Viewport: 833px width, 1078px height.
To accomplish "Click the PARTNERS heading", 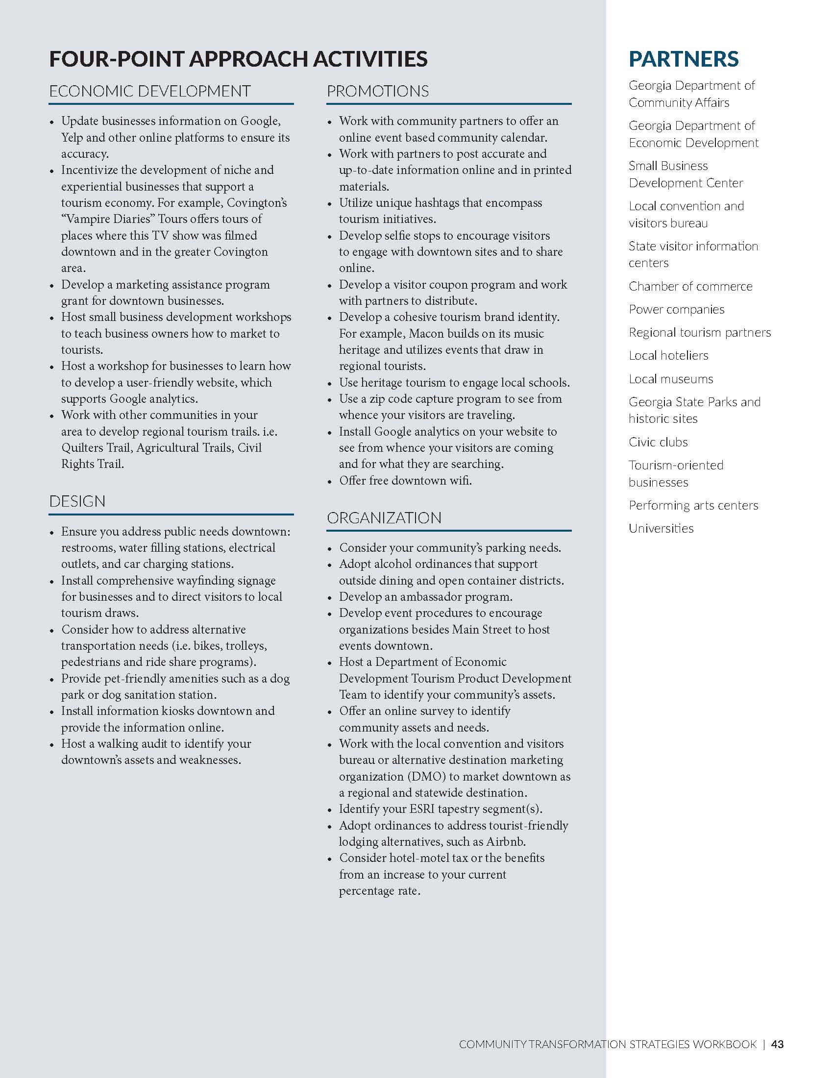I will tap(684, 59).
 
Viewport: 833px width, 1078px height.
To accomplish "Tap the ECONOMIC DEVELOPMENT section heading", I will tap(150, 91).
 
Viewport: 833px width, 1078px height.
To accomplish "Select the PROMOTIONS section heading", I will tap(377, 91).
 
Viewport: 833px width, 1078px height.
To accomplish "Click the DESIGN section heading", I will tap(77, 501).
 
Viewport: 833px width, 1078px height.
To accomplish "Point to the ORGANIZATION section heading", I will tap(384, 518).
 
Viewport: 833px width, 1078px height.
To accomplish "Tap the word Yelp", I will tap(72, 138).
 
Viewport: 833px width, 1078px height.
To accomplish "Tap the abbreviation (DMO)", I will tap(427, 777).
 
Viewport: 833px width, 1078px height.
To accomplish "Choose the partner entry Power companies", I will tap(677, 310).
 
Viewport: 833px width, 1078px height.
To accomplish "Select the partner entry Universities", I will tap(661, 528).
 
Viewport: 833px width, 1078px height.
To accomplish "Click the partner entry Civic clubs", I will tap(658, 442).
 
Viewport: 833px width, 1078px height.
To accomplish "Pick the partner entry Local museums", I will tap(671, 379).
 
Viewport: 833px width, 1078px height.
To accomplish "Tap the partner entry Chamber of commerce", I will tap(690, 286).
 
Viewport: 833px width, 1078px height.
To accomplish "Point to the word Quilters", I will tap(82, 448).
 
